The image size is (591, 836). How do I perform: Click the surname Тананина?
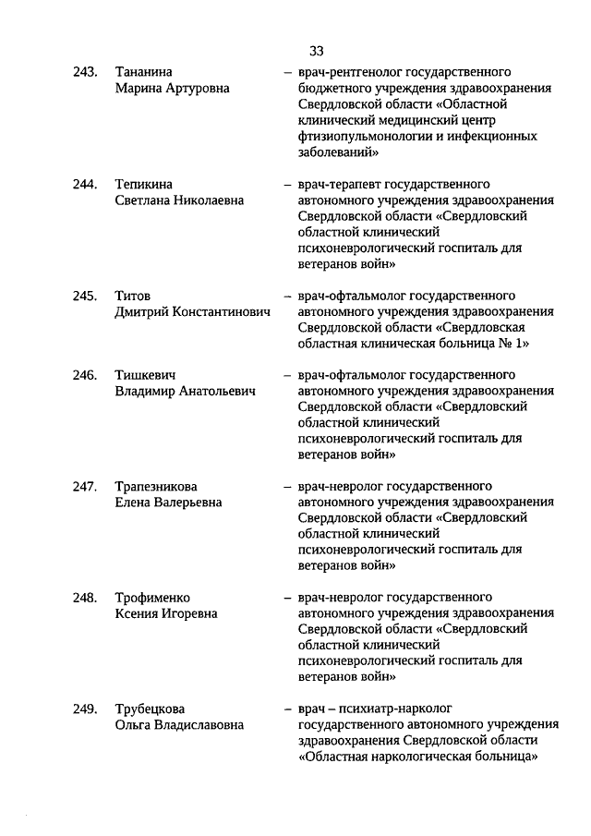(144, 72)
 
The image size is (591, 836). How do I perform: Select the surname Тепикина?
(144, 185)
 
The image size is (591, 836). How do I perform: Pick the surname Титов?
(132, 297)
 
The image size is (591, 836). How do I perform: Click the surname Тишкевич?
(146, 375)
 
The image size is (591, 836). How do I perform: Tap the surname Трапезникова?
(156, 487)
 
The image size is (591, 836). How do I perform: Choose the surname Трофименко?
(152, 598)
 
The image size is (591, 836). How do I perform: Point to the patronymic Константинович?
(221, 313)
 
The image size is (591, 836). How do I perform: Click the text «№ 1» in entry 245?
(516, 345)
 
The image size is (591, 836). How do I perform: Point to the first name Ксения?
(136, 614)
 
